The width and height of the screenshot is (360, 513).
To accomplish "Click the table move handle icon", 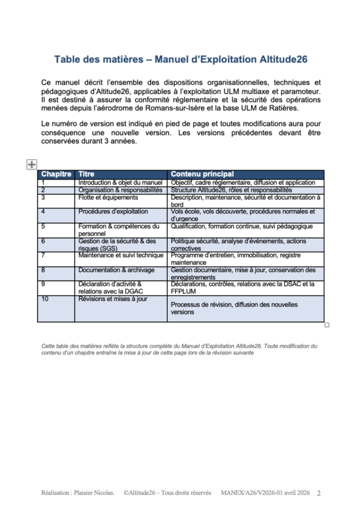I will click(x=31, y=165).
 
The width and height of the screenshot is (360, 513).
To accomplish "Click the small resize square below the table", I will click(x=327, y=325).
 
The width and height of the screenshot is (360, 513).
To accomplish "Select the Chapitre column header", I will click(x=56, y=174).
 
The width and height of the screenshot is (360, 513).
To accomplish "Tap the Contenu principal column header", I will click(x=202, y=174).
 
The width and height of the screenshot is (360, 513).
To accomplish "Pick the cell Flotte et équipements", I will click(x=108, y=197).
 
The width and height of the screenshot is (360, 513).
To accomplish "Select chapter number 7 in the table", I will click(x=43, y=255).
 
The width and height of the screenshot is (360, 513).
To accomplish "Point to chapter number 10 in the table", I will click(x=45, y=299).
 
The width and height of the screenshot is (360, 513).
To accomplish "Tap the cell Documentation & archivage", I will click(x=116, y=270).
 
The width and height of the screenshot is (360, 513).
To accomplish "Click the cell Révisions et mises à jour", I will click(x=112, y=299).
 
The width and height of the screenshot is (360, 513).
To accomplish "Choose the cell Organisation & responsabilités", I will click(x=120, y=190).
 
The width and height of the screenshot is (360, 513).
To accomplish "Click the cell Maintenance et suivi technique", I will click(x=121, y=255).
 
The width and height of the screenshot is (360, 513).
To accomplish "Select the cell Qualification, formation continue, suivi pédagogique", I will click(x=242, y=226).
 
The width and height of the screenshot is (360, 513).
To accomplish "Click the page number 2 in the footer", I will click(x=319, y=494).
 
